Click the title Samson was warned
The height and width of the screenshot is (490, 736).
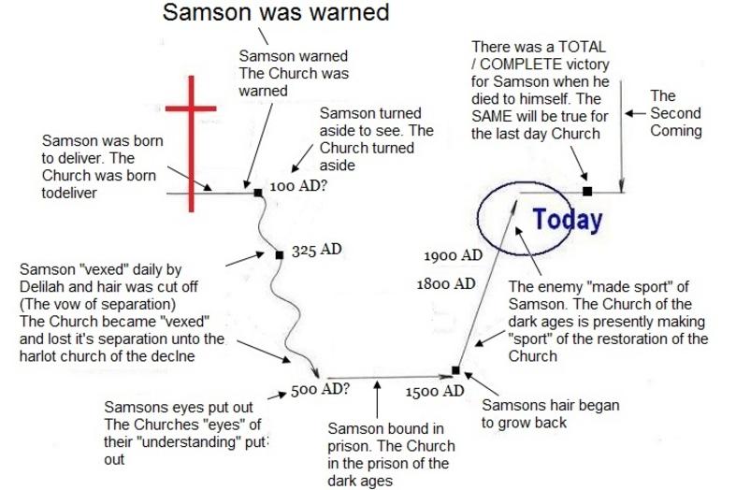coord(276,12)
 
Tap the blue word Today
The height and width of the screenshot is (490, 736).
coord(568,220)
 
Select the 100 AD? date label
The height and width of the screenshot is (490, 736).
coord(298,186)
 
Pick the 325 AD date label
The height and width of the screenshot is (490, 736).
coord(316,250)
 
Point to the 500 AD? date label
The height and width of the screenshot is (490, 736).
coord(320,390)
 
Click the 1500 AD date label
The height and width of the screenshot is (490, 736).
coord(435,391)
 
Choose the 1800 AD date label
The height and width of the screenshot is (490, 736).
coord(446,283)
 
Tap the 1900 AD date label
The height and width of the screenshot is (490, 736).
coord(453,255)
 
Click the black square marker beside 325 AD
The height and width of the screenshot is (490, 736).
coord(280,255)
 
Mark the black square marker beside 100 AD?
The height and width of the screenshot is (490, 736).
coord(258,193)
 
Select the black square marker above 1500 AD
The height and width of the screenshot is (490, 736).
coord(455,370)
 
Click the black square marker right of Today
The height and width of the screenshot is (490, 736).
coord(587,191)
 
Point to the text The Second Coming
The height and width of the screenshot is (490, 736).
coord(676,113)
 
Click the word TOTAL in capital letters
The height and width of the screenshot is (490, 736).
coord(581,47)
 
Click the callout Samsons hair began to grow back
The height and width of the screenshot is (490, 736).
coord(550,413)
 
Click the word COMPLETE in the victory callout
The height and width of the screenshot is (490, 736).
coord(521,65)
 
